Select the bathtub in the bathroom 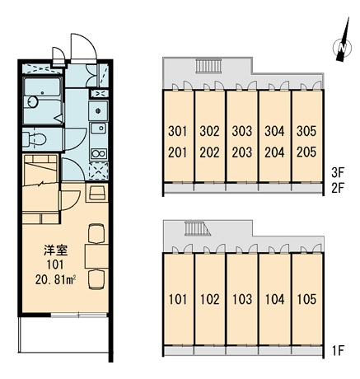coord(42,87)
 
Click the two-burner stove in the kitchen coord(99,154)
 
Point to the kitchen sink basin coord(99,129)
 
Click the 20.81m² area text coord(55,280)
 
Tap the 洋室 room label coord(56,250)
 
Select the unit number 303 coord(242,131)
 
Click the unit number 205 coord(306,152)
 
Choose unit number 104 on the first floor coord(274,299)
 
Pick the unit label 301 coord(177,131)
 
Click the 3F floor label coord(338,173)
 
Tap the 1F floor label coord(338,351)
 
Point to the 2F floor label coord(338,189)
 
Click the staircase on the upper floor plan coord(208,66)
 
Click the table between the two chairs coord(96,256)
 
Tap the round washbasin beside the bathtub coord(32,102)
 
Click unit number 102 coord(209,299)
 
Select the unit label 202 coord(209,152)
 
